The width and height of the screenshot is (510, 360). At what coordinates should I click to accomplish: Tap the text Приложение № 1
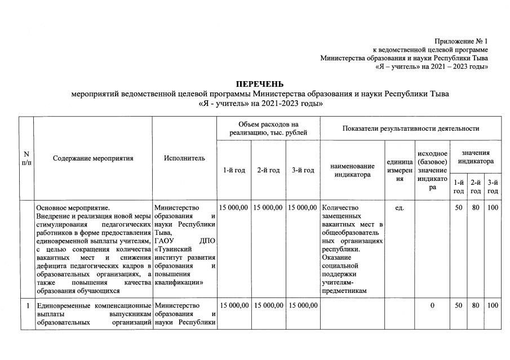click(461, 42)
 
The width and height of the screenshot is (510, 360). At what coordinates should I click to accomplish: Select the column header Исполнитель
click(184, 158)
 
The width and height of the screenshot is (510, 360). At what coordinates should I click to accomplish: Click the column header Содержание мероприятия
click(93, 158)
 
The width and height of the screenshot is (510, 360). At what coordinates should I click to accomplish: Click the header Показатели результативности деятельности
click(410, 128)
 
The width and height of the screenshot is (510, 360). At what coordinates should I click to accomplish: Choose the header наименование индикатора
click(352, 170)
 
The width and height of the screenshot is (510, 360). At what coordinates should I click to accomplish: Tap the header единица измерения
click(400, 170)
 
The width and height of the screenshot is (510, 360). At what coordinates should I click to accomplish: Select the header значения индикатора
click(476, 157)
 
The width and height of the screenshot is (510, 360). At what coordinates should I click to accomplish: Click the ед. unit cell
click(400, 208)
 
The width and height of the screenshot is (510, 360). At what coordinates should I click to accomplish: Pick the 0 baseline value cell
click(432, 305)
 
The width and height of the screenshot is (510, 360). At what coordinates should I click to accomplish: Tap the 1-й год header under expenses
click(234, 170)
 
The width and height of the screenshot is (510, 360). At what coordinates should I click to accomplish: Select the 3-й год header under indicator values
click(493, 186)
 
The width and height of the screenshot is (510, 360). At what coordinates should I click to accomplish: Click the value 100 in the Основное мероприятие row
click(493, 208)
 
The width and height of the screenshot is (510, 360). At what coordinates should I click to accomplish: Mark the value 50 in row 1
click(459, 305)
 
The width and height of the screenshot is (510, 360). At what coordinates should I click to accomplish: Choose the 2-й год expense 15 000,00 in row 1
click(268, 305)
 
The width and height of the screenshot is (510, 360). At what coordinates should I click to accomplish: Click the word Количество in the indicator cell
click(342, 208)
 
